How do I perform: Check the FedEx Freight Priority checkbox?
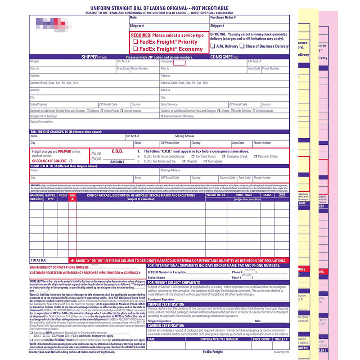coord(135,42)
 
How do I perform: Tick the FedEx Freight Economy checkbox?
coord(135,49)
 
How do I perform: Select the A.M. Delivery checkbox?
coord(213,46)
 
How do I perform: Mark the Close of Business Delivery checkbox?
coord(242,46)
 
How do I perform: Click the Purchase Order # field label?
coord(222,17)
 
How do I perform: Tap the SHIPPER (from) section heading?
coord(94,57)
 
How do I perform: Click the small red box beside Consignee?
coord(179,62)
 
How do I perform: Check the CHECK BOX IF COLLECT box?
coord(71,161)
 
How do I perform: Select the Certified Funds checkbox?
coord(193,157)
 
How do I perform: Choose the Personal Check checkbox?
coord(255,157)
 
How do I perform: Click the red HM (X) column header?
coord(72,197)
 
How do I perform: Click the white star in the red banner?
coord(72,261)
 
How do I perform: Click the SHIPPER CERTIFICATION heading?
coord(166,304)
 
